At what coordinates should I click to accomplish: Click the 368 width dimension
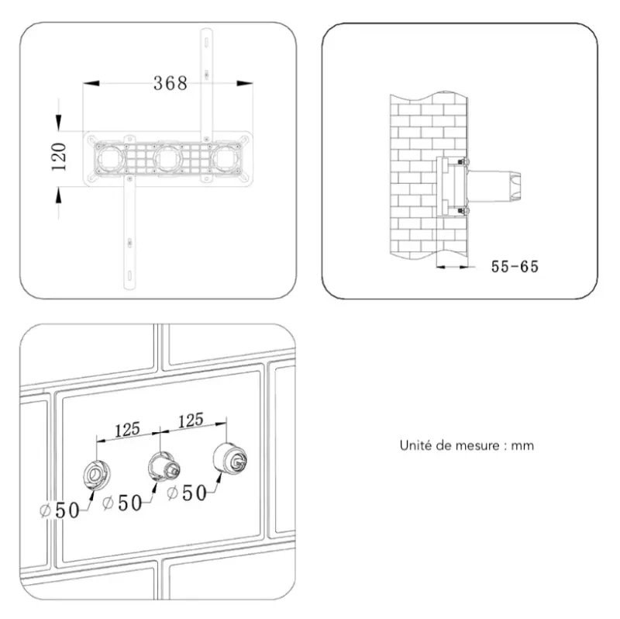click(170, 83)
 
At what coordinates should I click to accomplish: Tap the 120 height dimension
click(59, 157)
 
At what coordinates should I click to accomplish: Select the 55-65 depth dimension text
click(515, 266)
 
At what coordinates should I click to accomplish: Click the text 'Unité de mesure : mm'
click(467, 445)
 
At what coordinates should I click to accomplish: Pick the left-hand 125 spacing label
click(127, 430)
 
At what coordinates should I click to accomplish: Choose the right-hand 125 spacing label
click(191, 420)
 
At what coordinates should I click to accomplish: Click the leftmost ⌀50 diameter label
click(60, 510)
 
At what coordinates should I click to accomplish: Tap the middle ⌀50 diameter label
click(122, 503)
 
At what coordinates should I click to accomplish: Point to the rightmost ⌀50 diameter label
click(187, 493)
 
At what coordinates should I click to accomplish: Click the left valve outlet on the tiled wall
click(96, 474)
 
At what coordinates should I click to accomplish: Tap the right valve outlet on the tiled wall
click(229, 458)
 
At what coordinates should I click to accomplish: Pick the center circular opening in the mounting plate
click(168, 159)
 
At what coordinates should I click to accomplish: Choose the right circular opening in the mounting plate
click(226, 159)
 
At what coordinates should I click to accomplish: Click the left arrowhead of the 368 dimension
click(91, 83)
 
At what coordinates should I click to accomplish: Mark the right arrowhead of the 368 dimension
click(245, 83)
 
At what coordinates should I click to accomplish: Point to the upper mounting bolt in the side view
click(463, 162)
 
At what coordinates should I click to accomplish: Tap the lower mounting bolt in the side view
click(463, 211)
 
